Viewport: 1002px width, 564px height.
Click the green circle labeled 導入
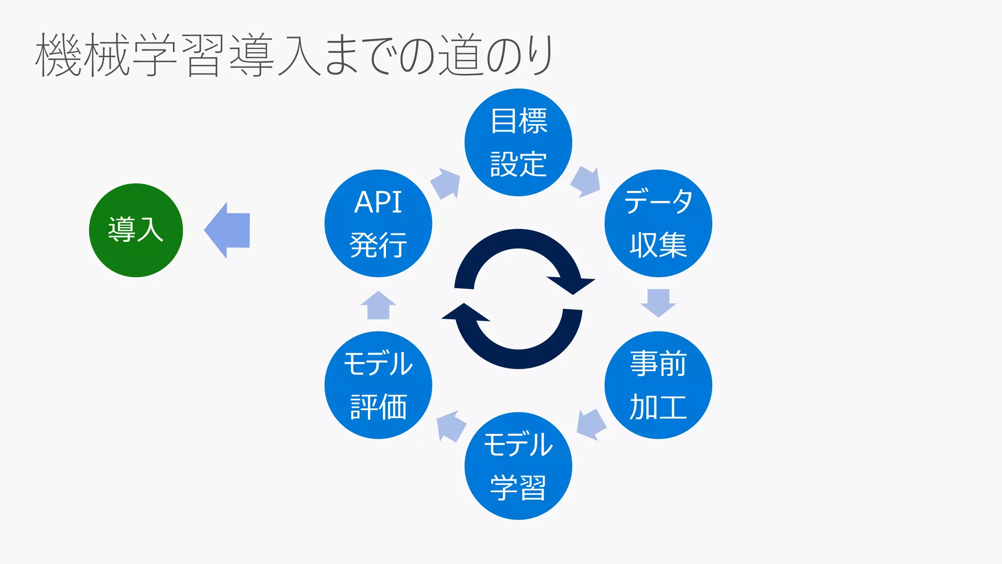[x=136, y=230]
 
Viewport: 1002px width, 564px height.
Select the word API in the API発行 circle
[x=378, y=202]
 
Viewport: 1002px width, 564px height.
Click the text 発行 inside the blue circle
[x=378, y=245]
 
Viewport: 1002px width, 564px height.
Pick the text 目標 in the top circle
[x=519, y=121]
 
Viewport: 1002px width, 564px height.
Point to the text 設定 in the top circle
[x=519, y=164]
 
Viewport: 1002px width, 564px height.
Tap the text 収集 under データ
[x=658, y=245]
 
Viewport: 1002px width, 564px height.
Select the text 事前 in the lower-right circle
[x=658, y=364]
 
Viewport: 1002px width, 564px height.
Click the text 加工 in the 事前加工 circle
[x=658, y=407]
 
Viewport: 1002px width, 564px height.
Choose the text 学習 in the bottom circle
[x=519, y=488]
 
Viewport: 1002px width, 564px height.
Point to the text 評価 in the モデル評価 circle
[x=378, y=407]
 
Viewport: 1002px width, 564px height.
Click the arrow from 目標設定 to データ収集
[x=586, y=182]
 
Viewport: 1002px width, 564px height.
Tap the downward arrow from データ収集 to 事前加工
[x=658, y=302]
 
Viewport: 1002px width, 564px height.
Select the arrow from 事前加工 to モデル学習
[x=591, y=424]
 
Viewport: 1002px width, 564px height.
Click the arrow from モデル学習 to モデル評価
[x=450, y=426]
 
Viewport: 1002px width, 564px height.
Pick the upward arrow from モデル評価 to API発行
[x=378, y=305]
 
